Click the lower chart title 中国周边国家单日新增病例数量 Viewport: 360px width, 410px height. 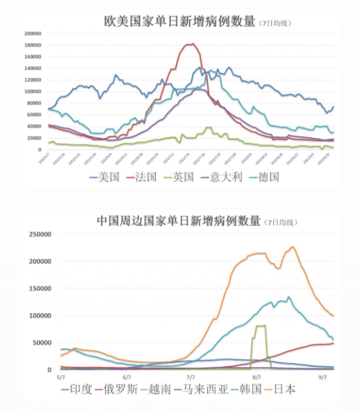coord(179,221)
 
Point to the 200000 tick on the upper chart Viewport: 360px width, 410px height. coord(32,33)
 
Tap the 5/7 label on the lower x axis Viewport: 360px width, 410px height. coord(61,378)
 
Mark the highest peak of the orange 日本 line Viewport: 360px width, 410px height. coord(293,247)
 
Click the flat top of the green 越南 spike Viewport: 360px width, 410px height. coord(261,326)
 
